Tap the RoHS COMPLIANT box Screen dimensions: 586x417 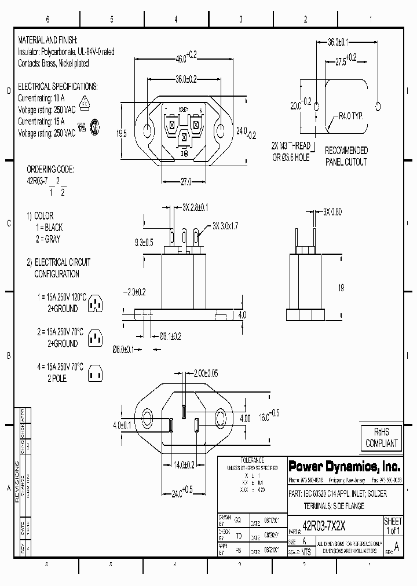(x=381, y=438)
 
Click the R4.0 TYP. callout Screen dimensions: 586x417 (x=350, y=116)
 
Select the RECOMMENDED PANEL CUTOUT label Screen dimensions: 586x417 (x=346, y=156)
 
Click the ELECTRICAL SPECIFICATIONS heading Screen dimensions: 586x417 (x=58, y=86)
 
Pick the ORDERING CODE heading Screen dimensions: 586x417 (x=50, y=170)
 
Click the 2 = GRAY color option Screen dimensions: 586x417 (x=47, y=239)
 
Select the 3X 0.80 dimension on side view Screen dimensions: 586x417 (x=332, y=212)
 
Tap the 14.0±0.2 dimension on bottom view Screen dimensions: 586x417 (x=184, y=464)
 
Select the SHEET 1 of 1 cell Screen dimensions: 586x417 (x=393, y=526)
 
